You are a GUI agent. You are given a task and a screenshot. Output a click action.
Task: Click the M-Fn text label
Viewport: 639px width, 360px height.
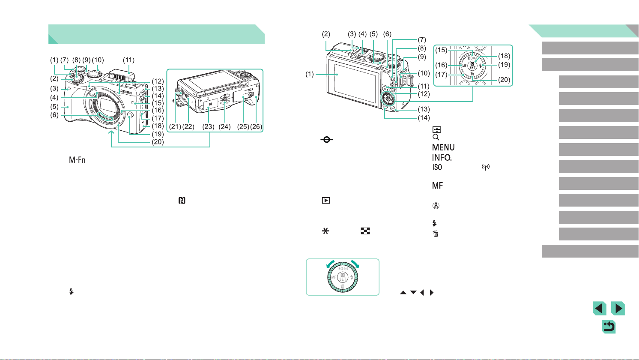tap(77, 160)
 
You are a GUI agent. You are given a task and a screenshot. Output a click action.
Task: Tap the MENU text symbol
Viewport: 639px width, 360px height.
tap(443, 147)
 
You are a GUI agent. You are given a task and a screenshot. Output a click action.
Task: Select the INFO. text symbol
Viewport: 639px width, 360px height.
tap(442, 158)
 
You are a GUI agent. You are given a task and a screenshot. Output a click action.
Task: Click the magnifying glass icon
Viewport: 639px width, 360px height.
tap(436, 137)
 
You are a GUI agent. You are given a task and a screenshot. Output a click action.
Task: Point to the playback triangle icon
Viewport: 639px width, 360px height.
tap(326, 201)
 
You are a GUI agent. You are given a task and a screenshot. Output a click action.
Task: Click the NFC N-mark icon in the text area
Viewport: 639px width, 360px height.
tap(182, 201)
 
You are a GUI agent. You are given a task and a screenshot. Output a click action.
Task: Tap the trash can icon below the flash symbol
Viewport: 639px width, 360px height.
tap(436, 234)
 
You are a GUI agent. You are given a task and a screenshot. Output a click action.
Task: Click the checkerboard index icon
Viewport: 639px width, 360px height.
tap(365, 231)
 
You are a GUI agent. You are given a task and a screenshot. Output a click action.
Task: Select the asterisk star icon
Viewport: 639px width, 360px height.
tap(325, 231)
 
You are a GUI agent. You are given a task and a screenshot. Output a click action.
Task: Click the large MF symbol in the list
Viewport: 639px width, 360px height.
tap(438, 186)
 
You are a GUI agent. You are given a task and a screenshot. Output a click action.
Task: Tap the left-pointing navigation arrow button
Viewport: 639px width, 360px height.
tap(599, 309)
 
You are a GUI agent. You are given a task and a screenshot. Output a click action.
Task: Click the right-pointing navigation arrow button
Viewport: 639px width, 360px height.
tap(618, 309)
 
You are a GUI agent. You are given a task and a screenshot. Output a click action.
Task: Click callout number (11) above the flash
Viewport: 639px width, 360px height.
tap(128, 60)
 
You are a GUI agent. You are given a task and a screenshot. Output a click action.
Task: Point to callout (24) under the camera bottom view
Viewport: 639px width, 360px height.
tap(224, 126)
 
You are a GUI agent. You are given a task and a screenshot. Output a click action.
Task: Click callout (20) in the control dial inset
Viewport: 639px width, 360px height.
tap(504, 80)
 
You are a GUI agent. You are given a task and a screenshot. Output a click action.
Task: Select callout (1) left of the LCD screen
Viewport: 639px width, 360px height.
tap(310, 74)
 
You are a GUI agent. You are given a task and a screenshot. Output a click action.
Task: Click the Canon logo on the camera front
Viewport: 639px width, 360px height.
tap(126, 92)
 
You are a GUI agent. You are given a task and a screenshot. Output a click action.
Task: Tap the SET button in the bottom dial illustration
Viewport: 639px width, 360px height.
tap(343, 277)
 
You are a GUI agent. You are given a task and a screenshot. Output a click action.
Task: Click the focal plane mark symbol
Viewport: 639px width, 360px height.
tap(327, 140)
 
